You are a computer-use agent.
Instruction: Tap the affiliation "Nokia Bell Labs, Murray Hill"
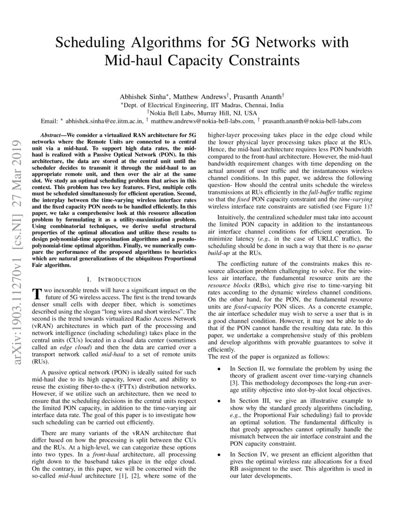pos(192,113)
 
